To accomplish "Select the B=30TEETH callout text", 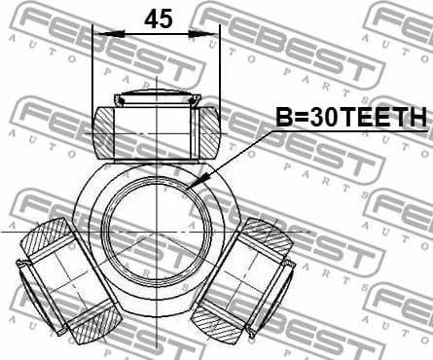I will pos(351,118).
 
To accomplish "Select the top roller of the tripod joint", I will pos(158,131).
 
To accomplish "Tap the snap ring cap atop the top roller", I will pos(158,99).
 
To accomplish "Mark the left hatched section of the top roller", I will pos(104,132).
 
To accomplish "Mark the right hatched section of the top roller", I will pos(211,132).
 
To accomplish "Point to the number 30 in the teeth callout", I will pos(318,118).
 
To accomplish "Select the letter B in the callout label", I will pos(283,118).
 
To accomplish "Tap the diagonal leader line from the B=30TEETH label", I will pos(234,156).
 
